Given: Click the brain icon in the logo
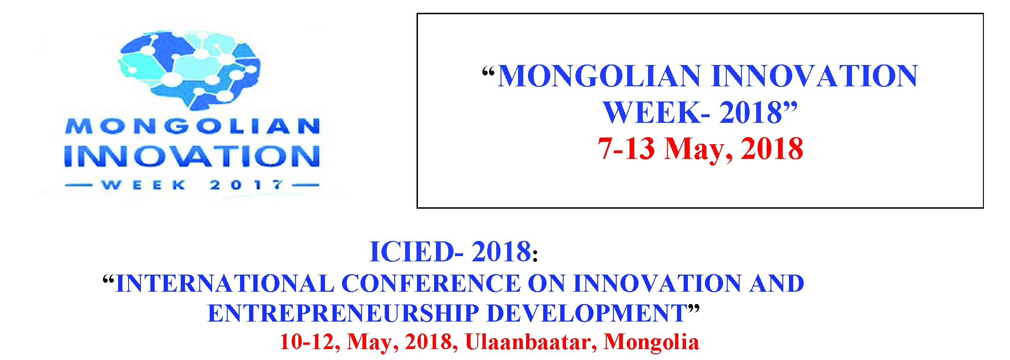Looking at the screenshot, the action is pos(189,68).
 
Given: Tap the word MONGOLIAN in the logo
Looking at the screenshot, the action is pos(193,126).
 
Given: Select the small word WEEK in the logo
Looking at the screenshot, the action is pos(143,185).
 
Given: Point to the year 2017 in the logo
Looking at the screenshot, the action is pos(246,185).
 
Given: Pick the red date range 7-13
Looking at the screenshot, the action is pos(626,148).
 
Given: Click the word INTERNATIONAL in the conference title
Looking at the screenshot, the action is pos(225,284).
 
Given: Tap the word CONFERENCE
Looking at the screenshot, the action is pos(431,284).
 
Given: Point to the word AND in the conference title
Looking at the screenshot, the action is pos(777,284).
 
